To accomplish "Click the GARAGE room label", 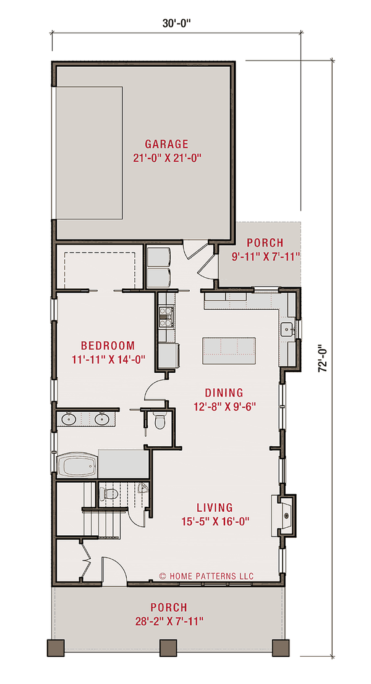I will pyautogui.click(x=168, y=144).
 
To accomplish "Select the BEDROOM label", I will pyautogui.click(x=108, y=345).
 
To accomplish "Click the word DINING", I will pyautogui.click(x=224, y=393).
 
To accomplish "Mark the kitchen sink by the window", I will pyautogui.click(x=286, y=329).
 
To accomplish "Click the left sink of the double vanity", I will pyautogui.click(x=69, y=419).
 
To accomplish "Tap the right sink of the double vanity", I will pyautogui.click(x=103, y=419).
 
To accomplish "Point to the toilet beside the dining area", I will pyautogui.click(x=160, y=422).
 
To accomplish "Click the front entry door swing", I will pyautogui.click(x=112, y=569).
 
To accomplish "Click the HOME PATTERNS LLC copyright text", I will pyautogui.click(x=207, y=576).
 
